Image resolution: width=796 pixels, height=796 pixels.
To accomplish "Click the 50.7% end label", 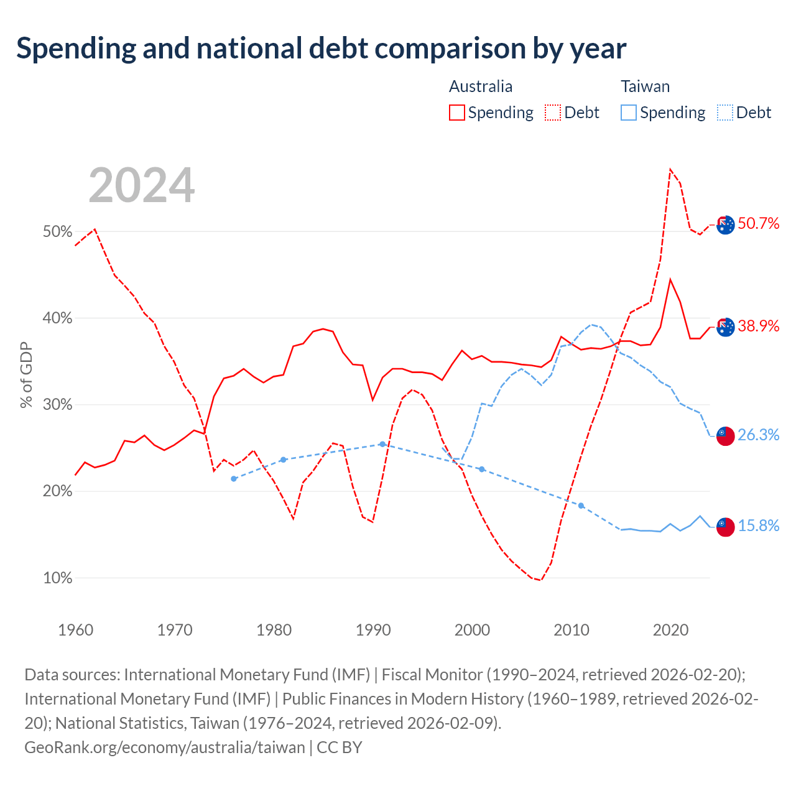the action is tap(759, 223).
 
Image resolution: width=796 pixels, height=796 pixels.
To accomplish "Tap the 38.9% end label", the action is tap(759, 326).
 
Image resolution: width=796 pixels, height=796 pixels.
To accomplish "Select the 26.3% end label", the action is tap(759, 435).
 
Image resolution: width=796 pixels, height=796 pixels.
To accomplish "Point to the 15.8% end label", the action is tap(759, 525).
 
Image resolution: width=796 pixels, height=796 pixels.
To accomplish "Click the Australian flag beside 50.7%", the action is tap(725, 225).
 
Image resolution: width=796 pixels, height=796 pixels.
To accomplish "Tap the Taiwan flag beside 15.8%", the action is tap(725, 527).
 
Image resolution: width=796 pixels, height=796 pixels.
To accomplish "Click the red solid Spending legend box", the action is tap(457, 113).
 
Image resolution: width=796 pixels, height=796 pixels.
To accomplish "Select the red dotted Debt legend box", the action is tap(553, 113).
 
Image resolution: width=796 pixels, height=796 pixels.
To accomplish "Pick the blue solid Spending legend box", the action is tap(628, 113).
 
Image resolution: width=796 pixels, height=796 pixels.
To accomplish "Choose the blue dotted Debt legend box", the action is tap(724, 113).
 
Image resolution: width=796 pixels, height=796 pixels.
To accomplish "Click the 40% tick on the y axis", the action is tap(57, 318).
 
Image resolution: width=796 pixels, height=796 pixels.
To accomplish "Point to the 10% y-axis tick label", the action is tap(57, 578).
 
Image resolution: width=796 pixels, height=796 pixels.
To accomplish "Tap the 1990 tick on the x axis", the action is tap(373, 630).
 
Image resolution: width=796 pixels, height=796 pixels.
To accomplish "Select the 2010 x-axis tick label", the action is tap(572, 630).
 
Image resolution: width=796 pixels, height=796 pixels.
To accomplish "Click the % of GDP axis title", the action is tap(26, 375).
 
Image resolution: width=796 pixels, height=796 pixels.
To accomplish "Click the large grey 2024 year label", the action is tap(141, 185).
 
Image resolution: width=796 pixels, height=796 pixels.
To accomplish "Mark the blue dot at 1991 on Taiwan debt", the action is tap(382, 444).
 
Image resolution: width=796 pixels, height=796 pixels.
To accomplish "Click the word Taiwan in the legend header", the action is tap(646, 86).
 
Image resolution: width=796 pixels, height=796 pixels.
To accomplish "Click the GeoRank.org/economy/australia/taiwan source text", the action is tap(165, 747).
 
